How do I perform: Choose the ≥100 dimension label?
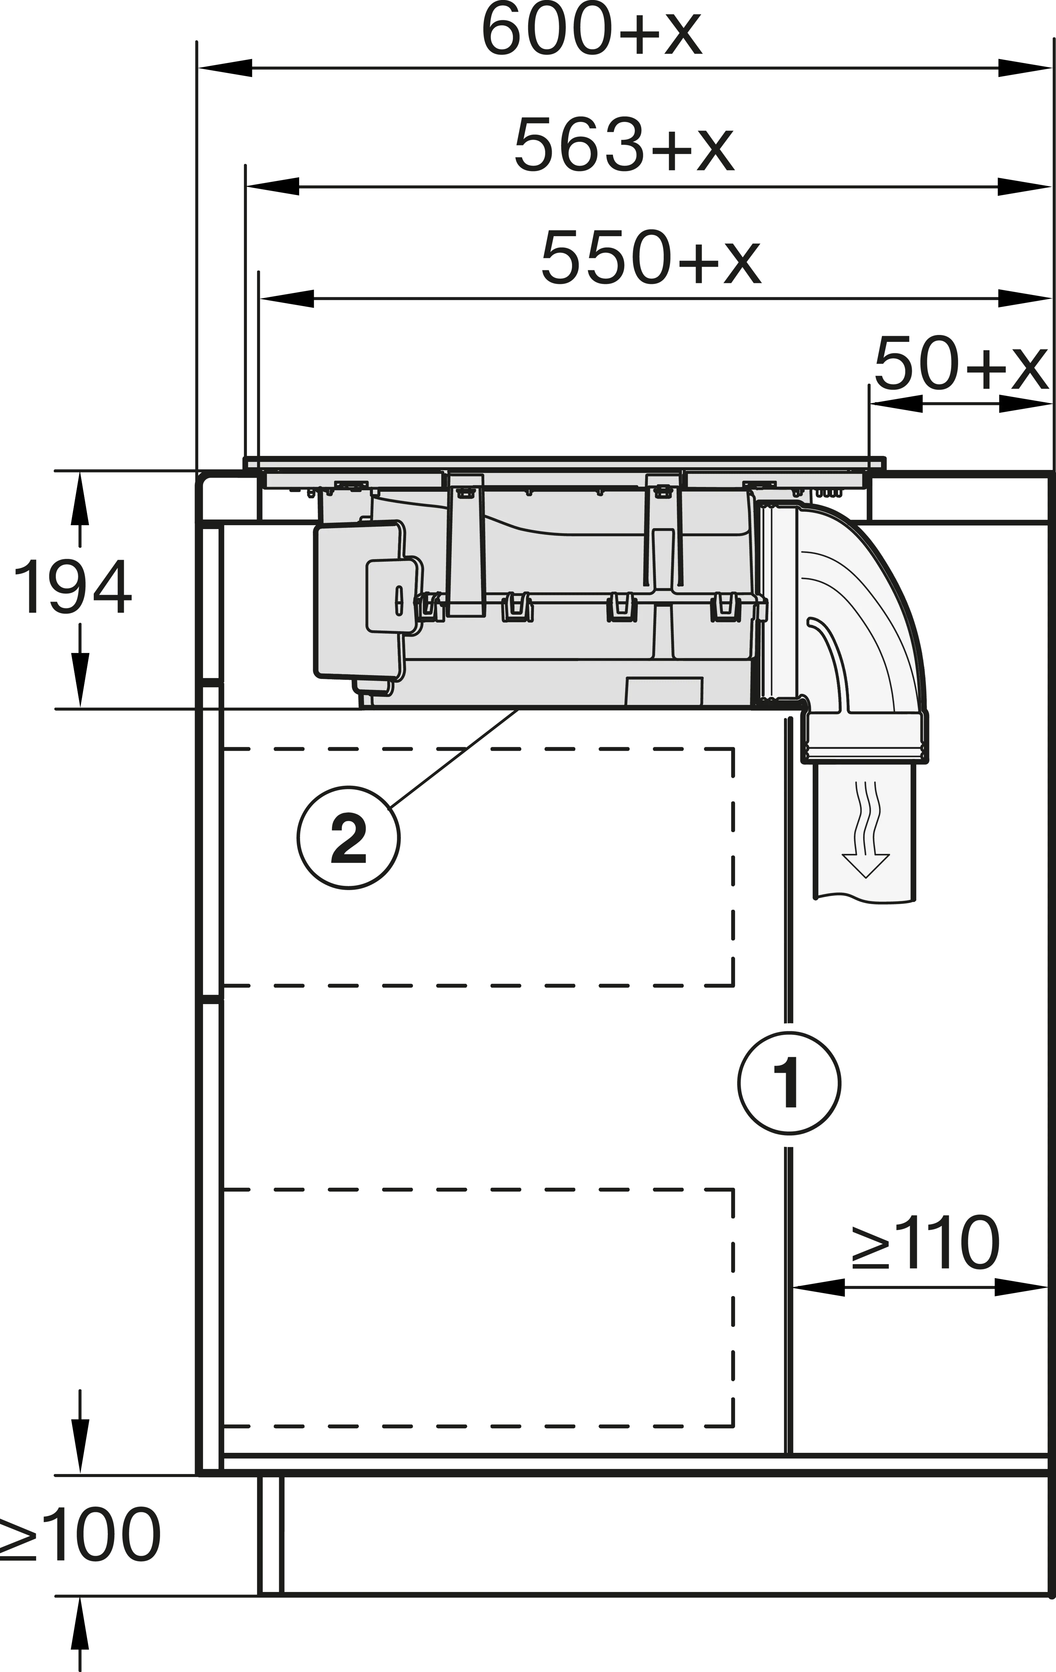click(x=80, y=1535)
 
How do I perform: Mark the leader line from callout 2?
click(x=455, y=757)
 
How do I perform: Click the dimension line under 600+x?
click(x=625, y=68)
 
